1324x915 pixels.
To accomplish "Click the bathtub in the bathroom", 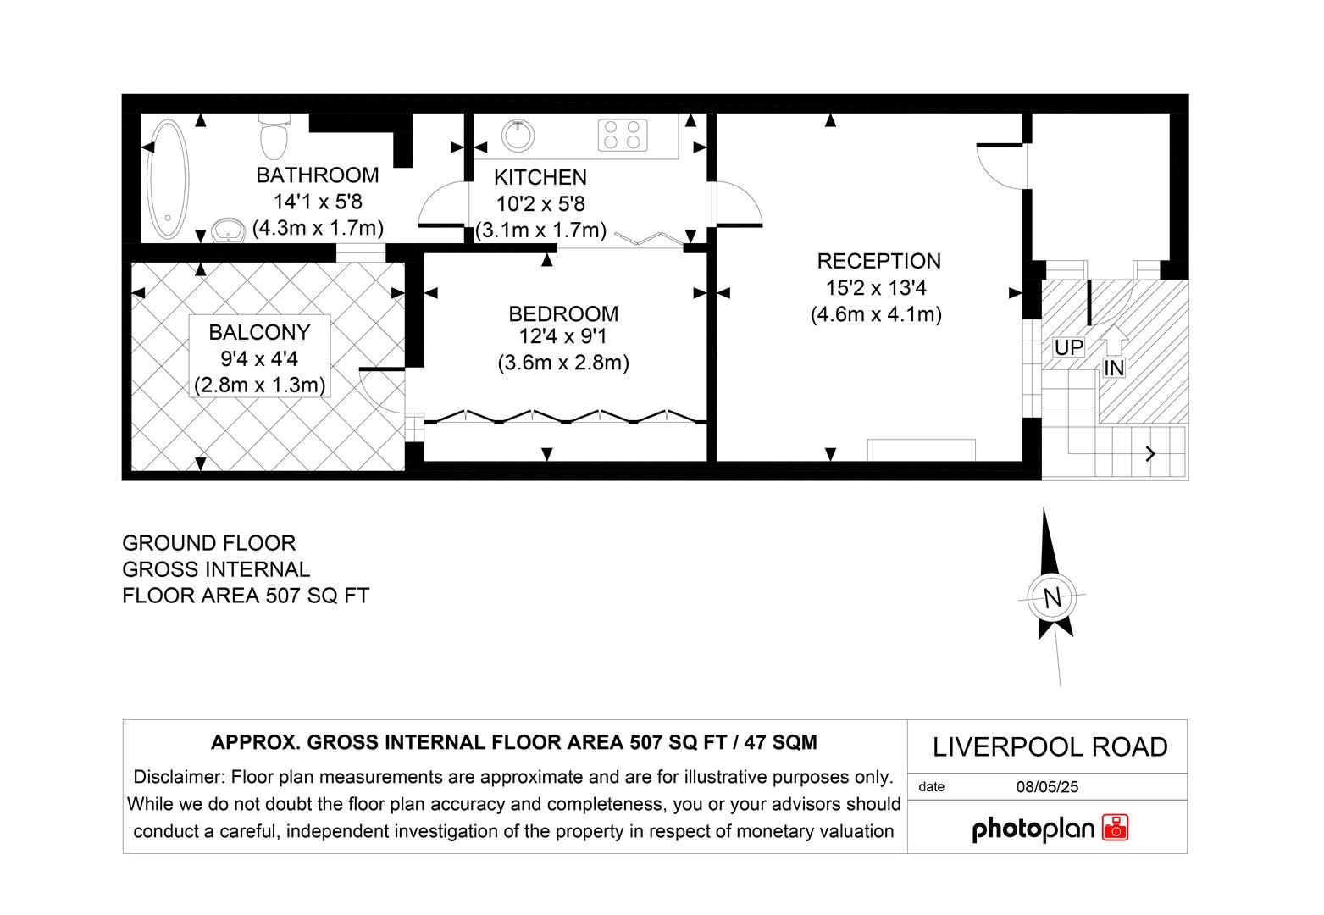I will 167,180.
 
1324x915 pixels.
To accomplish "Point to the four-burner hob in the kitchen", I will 623,135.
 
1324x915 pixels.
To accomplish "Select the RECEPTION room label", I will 878,261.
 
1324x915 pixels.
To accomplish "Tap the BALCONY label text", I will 259,332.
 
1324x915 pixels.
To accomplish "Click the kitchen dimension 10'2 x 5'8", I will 540,204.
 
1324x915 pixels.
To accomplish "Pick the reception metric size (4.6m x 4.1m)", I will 876,315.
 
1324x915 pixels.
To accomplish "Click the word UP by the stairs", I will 1068,347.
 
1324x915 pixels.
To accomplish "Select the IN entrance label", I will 1114,368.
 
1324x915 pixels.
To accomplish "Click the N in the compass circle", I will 1052,598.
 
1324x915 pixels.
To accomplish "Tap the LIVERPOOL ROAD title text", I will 1050,747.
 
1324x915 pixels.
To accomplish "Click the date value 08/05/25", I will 1047,787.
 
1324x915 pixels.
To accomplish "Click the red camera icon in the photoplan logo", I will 1115,828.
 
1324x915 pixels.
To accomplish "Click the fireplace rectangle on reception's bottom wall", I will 921,449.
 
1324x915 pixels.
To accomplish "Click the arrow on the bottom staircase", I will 1149,454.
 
